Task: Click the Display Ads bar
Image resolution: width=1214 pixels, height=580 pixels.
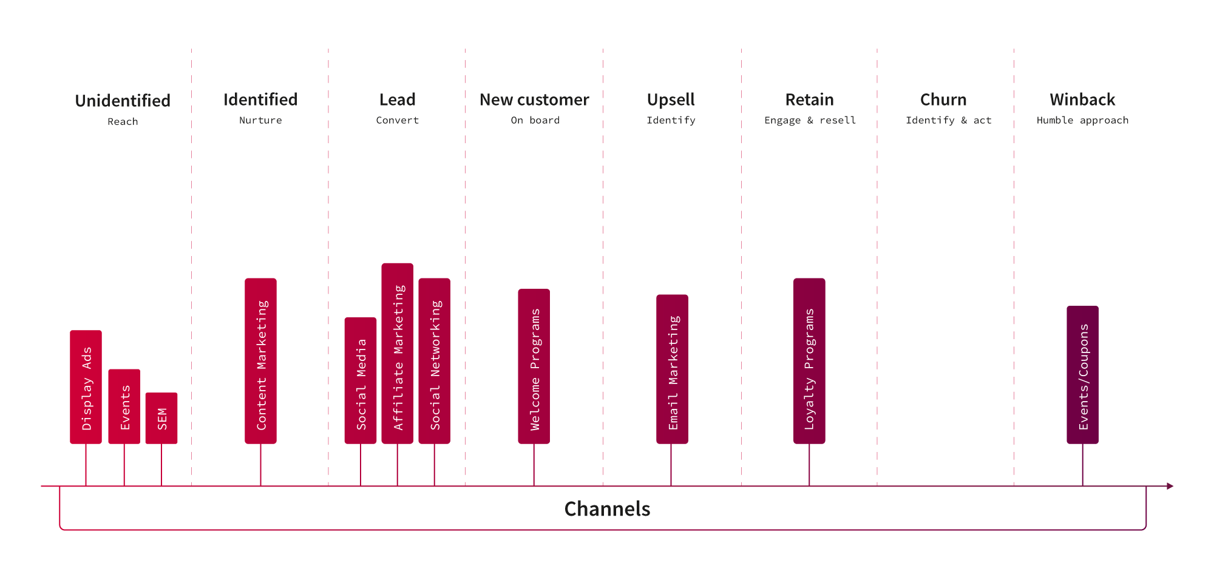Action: coord(86,387)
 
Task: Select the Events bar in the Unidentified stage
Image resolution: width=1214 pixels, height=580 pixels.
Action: coord(124,406)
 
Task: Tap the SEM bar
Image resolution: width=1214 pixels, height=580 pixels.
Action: coord(161,418)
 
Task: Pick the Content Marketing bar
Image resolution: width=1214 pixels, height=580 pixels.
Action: coord(260,361)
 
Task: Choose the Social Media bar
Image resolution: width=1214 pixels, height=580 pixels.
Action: coord(361,380)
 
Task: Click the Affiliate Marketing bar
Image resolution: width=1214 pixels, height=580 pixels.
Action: coord(398,354)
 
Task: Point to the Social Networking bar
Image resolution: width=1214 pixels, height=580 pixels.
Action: coord(435,361)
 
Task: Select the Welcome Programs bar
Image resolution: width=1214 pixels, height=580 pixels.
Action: coord(534,366)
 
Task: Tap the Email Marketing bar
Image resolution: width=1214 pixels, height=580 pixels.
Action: coord(672,369)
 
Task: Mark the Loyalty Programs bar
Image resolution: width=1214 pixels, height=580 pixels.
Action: coord(809,361)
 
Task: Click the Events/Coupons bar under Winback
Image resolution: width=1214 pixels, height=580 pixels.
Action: coord(1083,375)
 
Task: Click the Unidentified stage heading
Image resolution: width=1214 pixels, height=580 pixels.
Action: coord(123,101)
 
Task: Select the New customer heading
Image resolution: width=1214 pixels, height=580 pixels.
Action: coord(534,99)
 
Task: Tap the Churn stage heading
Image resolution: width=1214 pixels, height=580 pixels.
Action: coord(943,99)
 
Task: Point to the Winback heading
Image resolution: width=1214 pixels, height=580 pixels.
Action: coord(1082,99)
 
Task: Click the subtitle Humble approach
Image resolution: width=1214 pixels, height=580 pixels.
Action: coord(1082,120)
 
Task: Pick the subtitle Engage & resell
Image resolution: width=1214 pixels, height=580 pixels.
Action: coord(810,120)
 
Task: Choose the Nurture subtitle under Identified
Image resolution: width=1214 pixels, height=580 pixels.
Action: coord(260,120)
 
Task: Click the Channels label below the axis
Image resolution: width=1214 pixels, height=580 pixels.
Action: coord(607,509)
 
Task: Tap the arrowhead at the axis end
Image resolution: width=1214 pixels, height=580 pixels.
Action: coord(1170,486)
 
